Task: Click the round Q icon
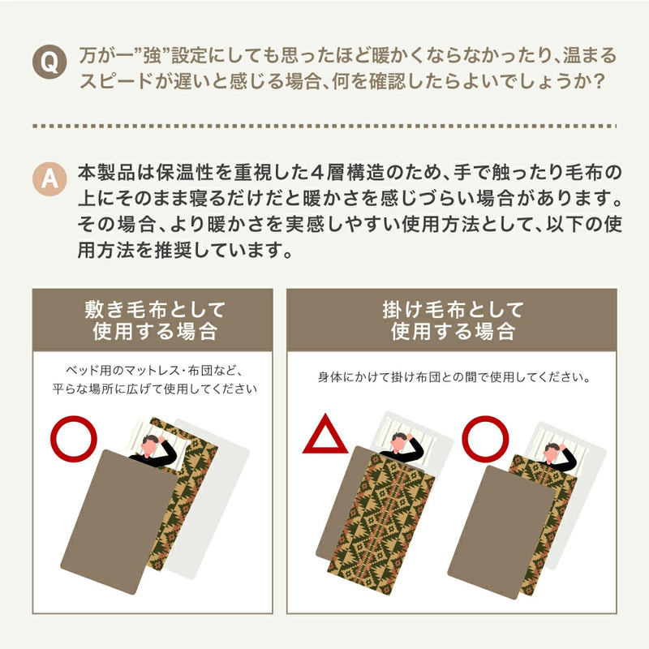pos(49,62)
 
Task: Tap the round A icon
pos(49,178)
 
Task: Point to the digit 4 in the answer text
pos(317,173)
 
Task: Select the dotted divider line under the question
pos(324,126)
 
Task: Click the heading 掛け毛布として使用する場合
pos(452,320)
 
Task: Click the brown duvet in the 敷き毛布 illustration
pos(119,522)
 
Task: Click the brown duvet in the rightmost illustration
pos(501,532)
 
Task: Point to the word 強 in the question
pos(152,56)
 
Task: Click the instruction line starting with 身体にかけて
pos(453,377)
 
